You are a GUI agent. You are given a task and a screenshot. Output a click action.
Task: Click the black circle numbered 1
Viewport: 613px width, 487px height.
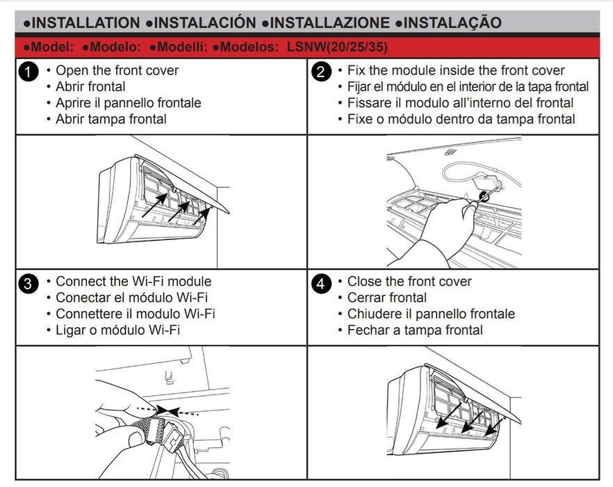click(x=28, y=72)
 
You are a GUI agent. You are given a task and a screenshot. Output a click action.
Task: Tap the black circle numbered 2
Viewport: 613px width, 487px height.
click(x=321, y=72)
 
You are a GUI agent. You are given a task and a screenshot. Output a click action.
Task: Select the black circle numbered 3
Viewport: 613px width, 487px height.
click(x=28, y=283)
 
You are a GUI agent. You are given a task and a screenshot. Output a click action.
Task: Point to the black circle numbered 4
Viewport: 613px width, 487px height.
click(x=321, y=283)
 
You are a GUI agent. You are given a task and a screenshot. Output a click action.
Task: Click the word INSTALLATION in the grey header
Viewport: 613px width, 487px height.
click(x=85, y=23)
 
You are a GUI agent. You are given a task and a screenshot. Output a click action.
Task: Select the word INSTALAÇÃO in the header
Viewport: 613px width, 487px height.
click(x=452, y=22)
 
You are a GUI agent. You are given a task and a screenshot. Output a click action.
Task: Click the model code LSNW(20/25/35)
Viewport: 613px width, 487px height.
click(x=337, y=47)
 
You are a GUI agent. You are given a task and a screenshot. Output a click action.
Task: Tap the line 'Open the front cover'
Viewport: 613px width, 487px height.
click(x=117, y=70)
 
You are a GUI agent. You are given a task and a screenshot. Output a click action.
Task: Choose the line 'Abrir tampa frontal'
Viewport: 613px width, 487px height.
click(x=111, y=119)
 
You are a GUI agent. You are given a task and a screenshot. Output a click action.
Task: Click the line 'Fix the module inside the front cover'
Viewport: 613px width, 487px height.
click(x=456, y=70)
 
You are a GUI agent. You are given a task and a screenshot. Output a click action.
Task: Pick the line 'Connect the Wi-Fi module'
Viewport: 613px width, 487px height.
click(x=133, y=282)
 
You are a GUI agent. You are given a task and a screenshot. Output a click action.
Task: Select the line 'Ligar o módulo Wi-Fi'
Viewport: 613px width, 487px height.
click(x=117, y=330)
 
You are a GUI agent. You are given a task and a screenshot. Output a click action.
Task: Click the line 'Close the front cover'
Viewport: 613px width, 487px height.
click(x=409, y=282)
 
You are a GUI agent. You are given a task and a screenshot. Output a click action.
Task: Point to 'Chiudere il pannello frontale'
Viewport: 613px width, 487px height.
click(x=431, y=314)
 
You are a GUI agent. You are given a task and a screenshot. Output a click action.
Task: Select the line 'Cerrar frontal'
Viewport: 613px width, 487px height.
click(x=386, y=298)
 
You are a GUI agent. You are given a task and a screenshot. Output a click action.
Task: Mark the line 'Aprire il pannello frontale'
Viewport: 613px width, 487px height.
click(x=128, y=103)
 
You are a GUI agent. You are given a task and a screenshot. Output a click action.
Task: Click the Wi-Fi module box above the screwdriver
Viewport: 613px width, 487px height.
click(x=487, y=184)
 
